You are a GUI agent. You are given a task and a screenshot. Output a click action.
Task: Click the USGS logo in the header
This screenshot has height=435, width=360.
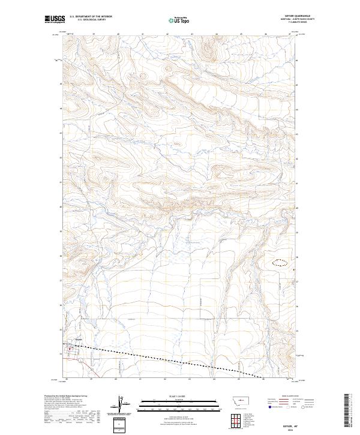[55, 19]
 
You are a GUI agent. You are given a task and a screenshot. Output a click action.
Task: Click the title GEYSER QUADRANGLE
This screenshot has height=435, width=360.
[302, 16]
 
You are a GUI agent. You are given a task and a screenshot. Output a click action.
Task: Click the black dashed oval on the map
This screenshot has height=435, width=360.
[281, 262]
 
